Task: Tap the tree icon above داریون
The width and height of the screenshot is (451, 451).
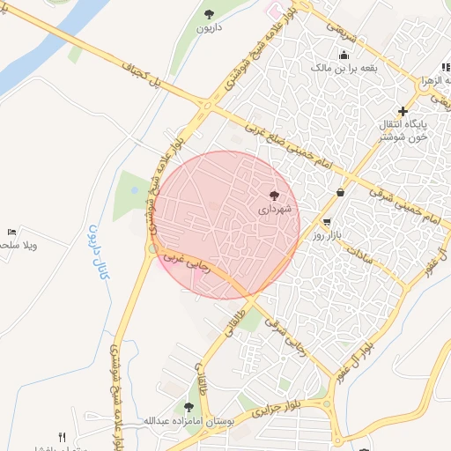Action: pyautogui.click(x=209, y=13)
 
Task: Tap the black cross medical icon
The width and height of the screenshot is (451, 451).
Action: pyautogui.click(x=403, y=112)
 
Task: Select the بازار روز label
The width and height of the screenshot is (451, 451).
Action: pyautogui.click(x=326, y=236)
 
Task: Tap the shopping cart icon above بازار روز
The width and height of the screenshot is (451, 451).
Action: pyautogui.click(x=327, y=222)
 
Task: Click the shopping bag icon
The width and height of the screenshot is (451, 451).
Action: pyautogui.click(x=340, y=192)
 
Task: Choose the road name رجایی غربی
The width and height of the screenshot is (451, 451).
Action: pyautogui.click(x=187, y=262)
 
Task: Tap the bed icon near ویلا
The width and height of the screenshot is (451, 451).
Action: pyautogui.click(x=11, y=233)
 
